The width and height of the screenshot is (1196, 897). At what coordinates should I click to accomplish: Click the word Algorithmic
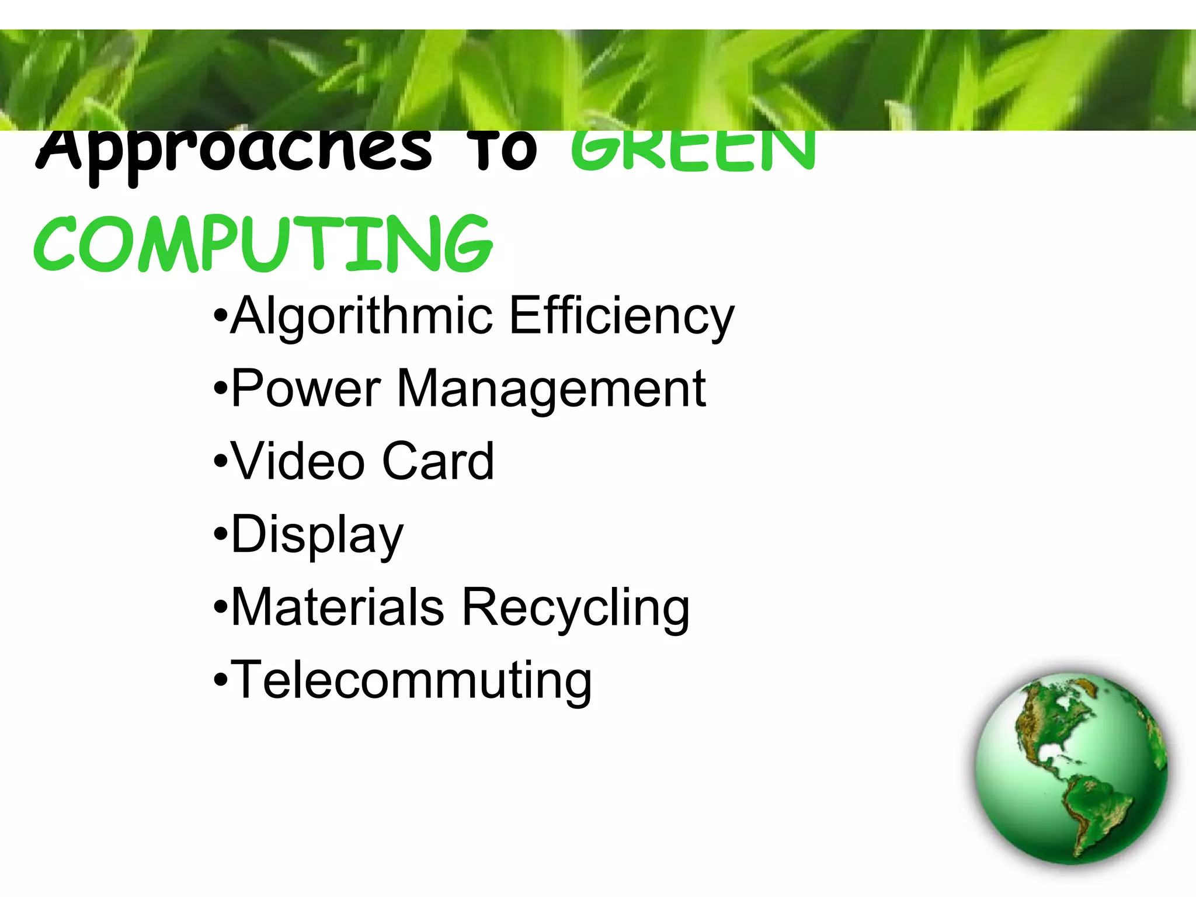360,316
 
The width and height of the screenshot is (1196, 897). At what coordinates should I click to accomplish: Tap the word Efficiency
621,316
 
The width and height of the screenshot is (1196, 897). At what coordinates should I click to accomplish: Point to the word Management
551,390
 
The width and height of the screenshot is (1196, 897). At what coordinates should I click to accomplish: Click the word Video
298,461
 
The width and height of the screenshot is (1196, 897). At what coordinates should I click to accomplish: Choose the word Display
317,535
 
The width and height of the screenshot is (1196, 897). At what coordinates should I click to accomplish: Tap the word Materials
338,607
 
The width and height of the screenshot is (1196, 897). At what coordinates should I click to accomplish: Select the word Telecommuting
412,680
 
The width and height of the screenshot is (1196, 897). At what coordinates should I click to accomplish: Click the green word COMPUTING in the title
263,244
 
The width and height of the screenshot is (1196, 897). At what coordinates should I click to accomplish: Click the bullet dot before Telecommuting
220,680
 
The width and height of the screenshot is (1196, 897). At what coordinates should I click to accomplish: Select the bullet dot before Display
220,534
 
